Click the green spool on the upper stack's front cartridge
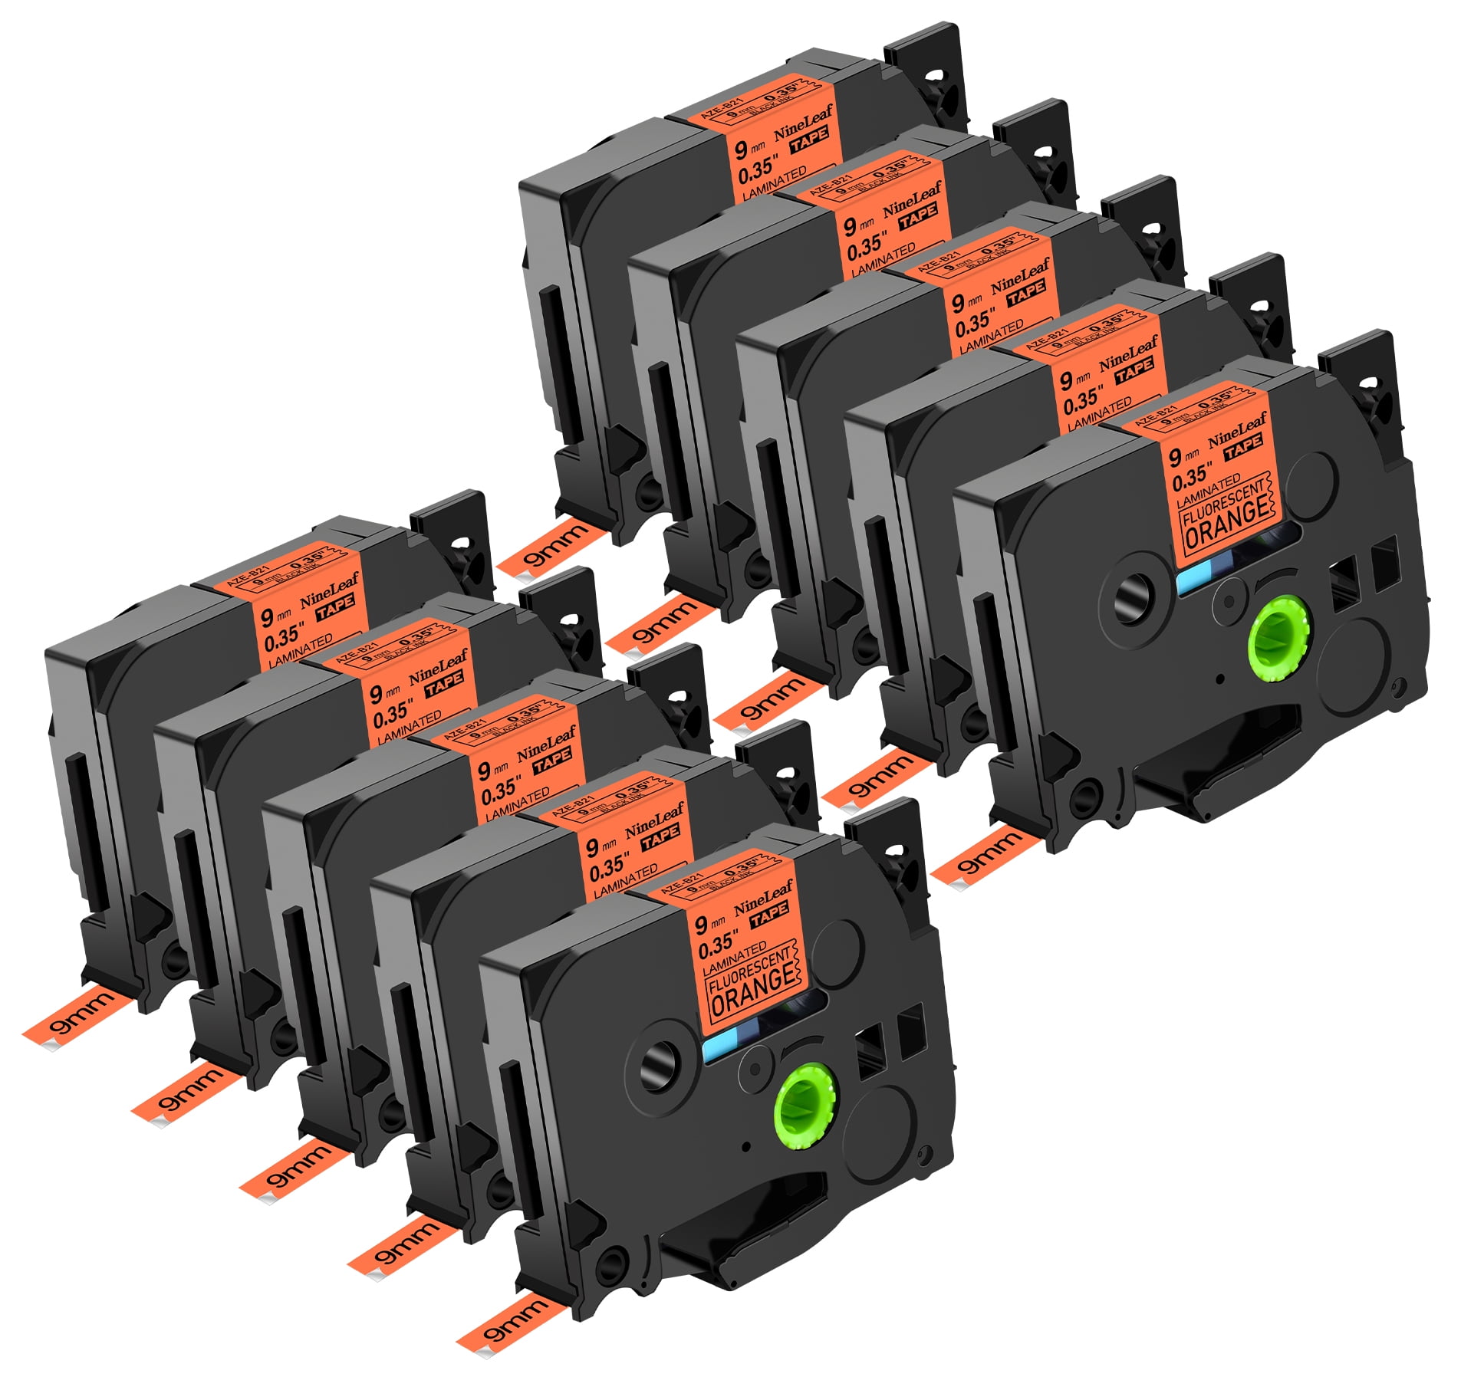coord(1280,639)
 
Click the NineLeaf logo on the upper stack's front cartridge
coord(1236,430)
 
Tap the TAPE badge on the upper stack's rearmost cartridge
coord(810,137)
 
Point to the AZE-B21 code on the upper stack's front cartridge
coord(1155,415)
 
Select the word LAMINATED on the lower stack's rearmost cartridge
coord(300,649)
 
